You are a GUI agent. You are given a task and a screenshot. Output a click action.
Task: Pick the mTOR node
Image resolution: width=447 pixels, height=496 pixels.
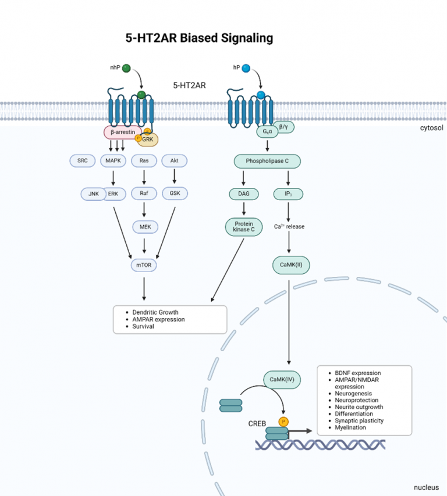click(x=144, y=265)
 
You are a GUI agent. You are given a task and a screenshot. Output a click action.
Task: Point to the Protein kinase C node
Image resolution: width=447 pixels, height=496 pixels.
click(x=241, y=226)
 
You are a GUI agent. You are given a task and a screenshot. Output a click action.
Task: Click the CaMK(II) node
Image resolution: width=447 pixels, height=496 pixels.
click(x=291, y=265)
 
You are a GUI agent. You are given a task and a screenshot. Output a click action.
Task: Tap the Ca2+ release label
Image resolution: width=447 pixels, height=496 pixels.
click(x=290, y=226)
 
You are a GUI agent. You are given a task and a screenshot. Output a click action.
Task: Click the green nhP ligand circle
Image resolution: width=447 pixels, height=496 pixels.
click(x=127, y=69)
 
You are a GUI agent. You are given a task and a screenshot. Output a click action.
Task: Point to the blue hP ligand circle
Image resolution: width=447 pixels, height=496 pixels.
click(x=246, y=69)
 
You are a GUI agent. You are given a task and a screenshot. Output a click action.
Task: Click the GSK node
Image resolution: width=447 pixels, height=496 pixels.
click(x=175, y=194)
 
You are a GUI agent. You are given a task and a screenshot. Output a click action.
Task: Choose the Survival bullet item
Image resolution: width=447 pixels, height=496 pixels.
click(x=143, y=326)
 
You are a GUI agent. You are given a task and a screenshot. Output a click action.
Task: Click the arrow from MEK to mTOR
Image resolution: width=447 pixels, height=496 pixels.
click(x=144, y=245)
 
